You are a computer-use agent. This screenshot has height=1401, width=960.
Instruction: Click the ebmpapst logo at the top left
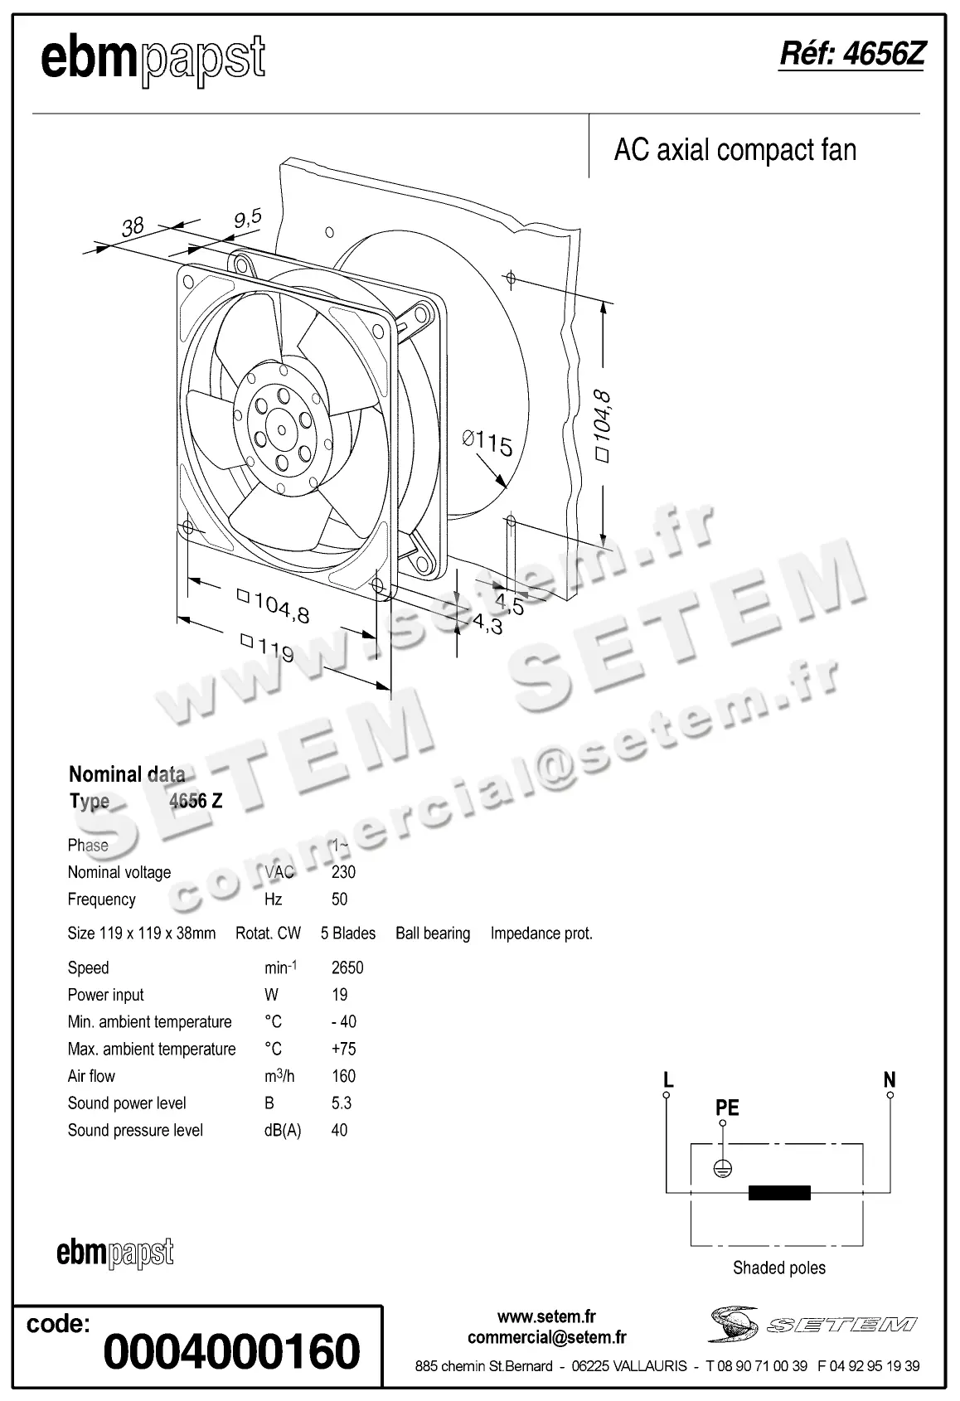tap(153, 61)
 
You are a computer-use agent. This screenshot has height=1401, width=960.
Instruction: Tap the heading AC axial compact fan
tap(735, 150)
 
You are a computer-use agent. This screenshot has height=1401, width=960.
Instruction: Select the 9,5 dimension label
tap(247, 218)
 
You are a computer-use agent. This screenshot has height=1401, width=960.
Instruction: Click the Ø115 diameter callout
tap(487, 442)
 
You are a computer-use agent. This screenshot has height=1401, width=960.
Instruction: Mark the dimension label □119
tap(267, 647)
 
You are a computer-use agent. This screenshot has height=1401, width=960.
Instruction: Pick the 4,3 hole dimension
tap(487, 623)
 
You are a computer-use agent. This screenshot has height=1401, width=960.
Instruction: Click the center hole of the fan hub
tap(281, 429)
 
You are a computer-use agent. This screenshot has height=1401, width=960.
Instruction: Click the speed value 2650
tap(347, 967)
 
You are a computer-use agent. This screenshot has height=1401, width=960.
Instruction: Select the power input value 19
tap(340, 995)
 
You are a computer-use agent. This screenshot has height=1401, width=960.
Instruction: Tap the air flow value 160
tap(343, 1076)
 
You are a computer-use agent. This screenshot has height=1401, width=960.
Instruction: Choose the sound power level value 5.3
tap(342, 1103)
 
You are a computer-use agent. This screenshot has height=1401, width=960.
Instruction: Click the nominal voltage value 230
tap(343, 872)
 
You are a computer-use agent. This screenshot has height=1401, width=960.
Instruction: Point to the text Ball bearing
tap(433, 933)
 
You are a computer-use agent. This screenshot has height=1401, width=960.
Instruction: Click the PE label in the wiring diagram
tap(727, 1108)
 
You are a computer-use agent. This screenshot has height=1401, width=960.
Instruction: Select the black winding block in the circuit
tap(779, 1193)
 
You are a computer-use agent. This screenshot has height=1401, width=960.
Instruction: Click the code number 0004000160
tap(232, 1351)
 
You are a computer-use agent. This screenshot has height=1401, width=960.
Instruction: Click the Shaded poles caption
tap(779, 1268)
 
